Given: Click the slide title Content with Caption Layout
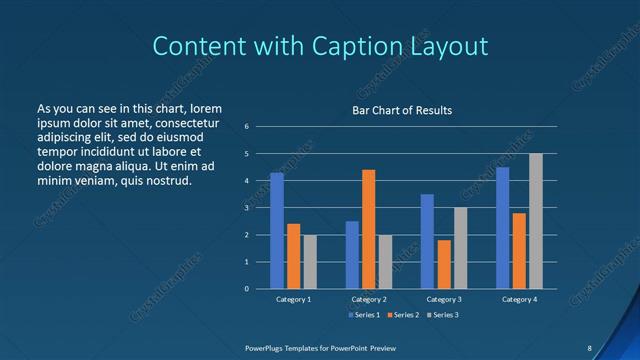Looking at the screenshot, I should (320, 46).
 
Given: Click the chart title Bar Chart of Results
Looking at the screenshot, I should (402, 110).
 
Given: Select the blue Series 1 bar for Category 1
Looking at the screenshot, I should (277, 231).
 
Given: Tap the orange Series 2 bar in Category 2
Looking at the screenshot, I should (368, 229).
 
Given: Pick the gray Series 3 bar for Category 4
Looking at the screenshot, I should (536, 221).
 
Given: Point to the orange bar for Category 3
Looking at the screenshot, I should (444, 264).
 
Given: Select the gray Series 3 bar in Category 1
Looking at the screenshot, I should (310, 261).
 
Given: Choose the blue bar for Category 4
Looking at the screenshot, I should (502, 228).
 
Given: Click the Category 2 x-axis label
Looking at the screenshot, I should (368, 299).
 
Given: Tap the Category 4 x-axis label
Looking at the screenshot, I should (519, 299).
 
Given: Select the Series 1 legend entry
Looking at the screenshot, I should (363, 315).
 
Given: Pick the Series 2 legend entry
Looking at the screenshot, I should (402, 315).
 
